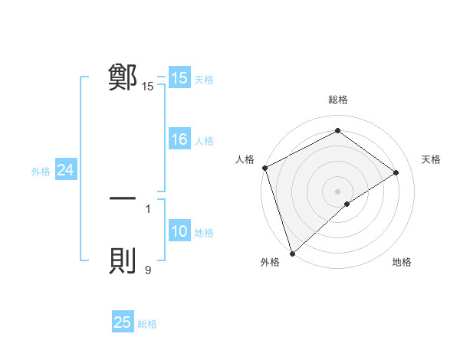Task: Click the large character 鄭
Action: pyautogui.click(x=123, y=77)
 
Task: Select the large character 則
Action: pyautogui.click(x=123, y=261)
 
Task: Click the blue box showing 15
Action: pyautogui.click(x=179, y=78)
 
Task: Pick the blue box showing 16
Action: pyautogui.click(x=179, y=139)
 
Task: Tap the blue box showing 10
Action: pyautogui.click(x=179, y=232)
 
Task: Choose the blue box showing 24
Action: pyautogui.click(x=66, y=171)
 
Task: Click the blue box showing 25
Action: pyautogui.click(x=123, y=322)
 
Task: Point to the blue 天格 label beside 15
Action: pyautogui.click(x=204, y=79)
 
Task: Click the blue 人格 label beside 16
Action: pyautogui.click(x=204, y=140)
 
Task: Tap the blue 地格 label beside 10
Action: pyautogui.click(x=204, y=233)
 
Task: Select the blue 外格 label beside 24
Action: pyautogui.click(x=41, y=172)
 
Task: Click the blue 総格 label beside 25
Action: pyautogui.click(x=147, y=323)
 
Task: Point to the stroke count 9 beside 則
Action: pyautogui.click(x=148, y=270)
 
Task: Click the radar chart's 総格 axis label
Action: pyautogui.click(x=337, y=100)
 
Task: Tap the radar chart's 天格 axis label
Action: pyautogui.click(x=432, y=159)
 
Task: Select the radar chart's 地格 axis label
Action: pyautogui.click(x=402, y=263)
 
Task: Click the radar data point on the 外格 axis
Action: pyautogui.click(x=291, y=253)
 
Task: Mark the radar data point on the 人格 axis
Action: pyautogui.click(x=264, y=168)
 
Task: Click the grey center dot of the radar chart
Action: pyautogui.click(x=337, y=191)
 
